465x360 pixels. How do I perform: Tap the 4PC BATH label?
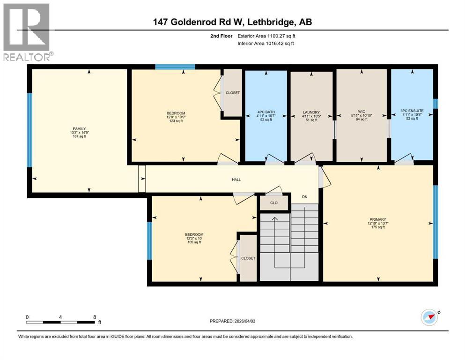[266, 112]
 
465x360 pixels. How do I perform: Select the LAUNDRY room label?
[311, 112]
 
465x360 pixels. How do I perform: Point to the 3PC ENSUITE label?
[412, 112]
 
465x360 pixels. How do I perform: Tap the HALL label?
[236, 180]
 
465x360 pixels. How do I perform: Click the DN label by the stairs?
[304, 196]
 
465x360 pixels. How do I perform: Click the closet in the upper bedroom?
[232, 93]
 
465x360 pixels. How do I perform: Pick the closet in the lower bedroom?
[248, 258]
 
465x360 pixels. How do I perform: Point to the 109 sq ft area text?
[193, 242]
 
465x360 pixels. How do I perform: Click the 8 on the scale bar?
[95, 317]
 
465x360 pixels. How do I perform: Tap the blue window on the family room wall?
[30, 130]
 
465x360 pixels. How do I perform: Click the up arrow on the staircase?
[275, 220]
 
